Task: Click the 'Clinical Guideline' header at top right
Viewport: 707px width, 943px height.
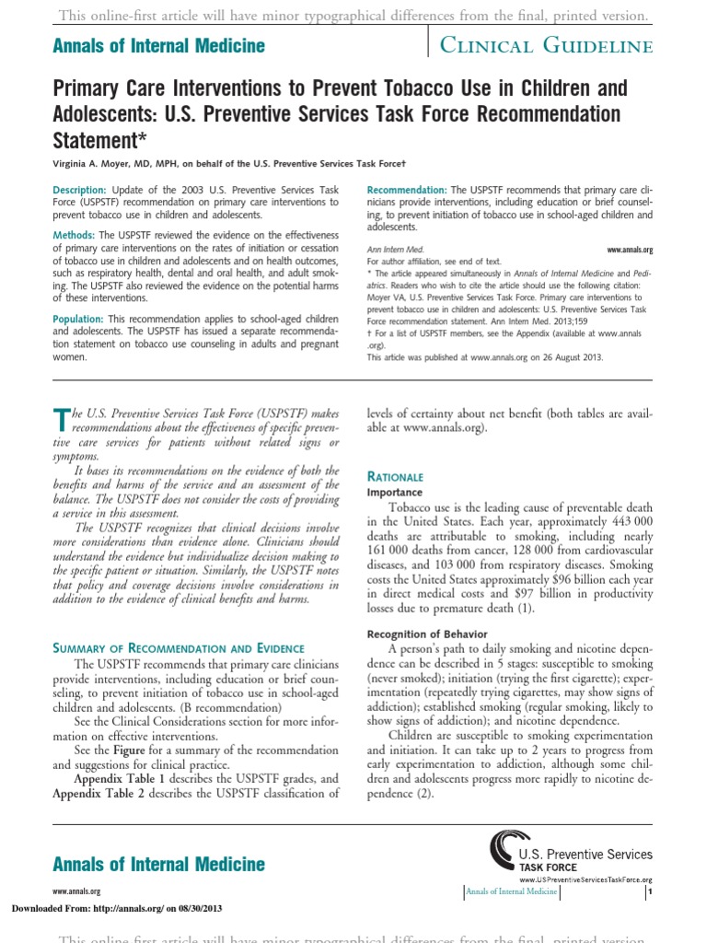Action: coord(547,46)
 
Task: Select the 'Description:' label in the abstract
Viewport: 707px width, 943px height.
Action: coord(81,190)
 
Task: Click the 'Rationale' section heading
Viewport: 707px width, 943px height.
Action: coord(395,477)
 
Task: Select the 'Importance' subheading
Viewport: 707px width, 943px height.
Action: coord(396,493)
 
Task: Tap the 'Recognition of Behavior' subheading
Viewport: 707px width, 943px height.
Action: coord(423,634)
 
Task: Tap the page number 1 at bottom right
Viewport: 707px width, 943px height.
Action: coord(650,891)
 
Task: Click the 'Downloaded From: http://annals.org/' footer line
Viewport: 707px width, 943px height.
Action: coord(116,909)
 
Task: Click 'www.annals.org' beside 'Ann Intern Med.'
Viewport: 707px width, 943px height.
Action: coord(630,250)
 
